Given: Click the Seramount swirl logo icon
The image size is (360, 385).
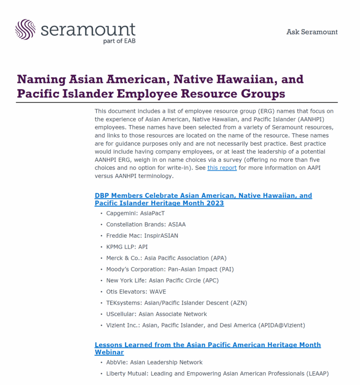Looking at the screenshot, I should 25,29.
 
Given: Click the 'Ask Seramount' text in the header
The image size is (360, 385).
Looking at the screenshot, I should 312,32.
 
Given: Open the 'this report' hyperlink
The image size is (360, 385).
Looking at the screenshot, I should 222,167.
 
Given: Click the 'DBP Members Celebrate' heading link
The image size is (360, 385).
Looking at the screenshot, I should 203,196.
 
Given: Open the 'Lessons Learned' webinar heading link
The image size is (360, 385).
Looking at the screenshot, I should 208,345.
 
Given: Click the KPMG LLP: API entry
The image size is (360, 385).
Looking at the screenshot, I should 127,247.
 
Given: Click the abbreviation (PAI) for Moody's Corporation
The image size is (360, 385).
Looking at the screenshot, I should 224,269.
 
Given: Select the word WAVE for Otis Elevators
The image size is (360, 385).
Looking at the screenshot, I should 158,292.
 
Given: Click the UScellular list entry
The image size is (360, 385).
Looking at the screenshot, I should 156,314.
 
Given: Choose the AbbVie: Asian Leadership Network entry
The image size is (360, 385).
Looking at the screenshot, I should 154,362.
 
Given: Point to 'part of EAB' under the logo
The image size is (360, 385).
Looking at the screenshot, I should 119,40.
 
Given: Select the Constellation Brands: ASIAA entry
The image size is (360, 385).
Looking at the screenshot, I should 146,224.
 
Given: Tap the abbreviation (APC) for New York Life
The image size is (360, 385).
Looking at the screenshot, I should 209,280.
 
